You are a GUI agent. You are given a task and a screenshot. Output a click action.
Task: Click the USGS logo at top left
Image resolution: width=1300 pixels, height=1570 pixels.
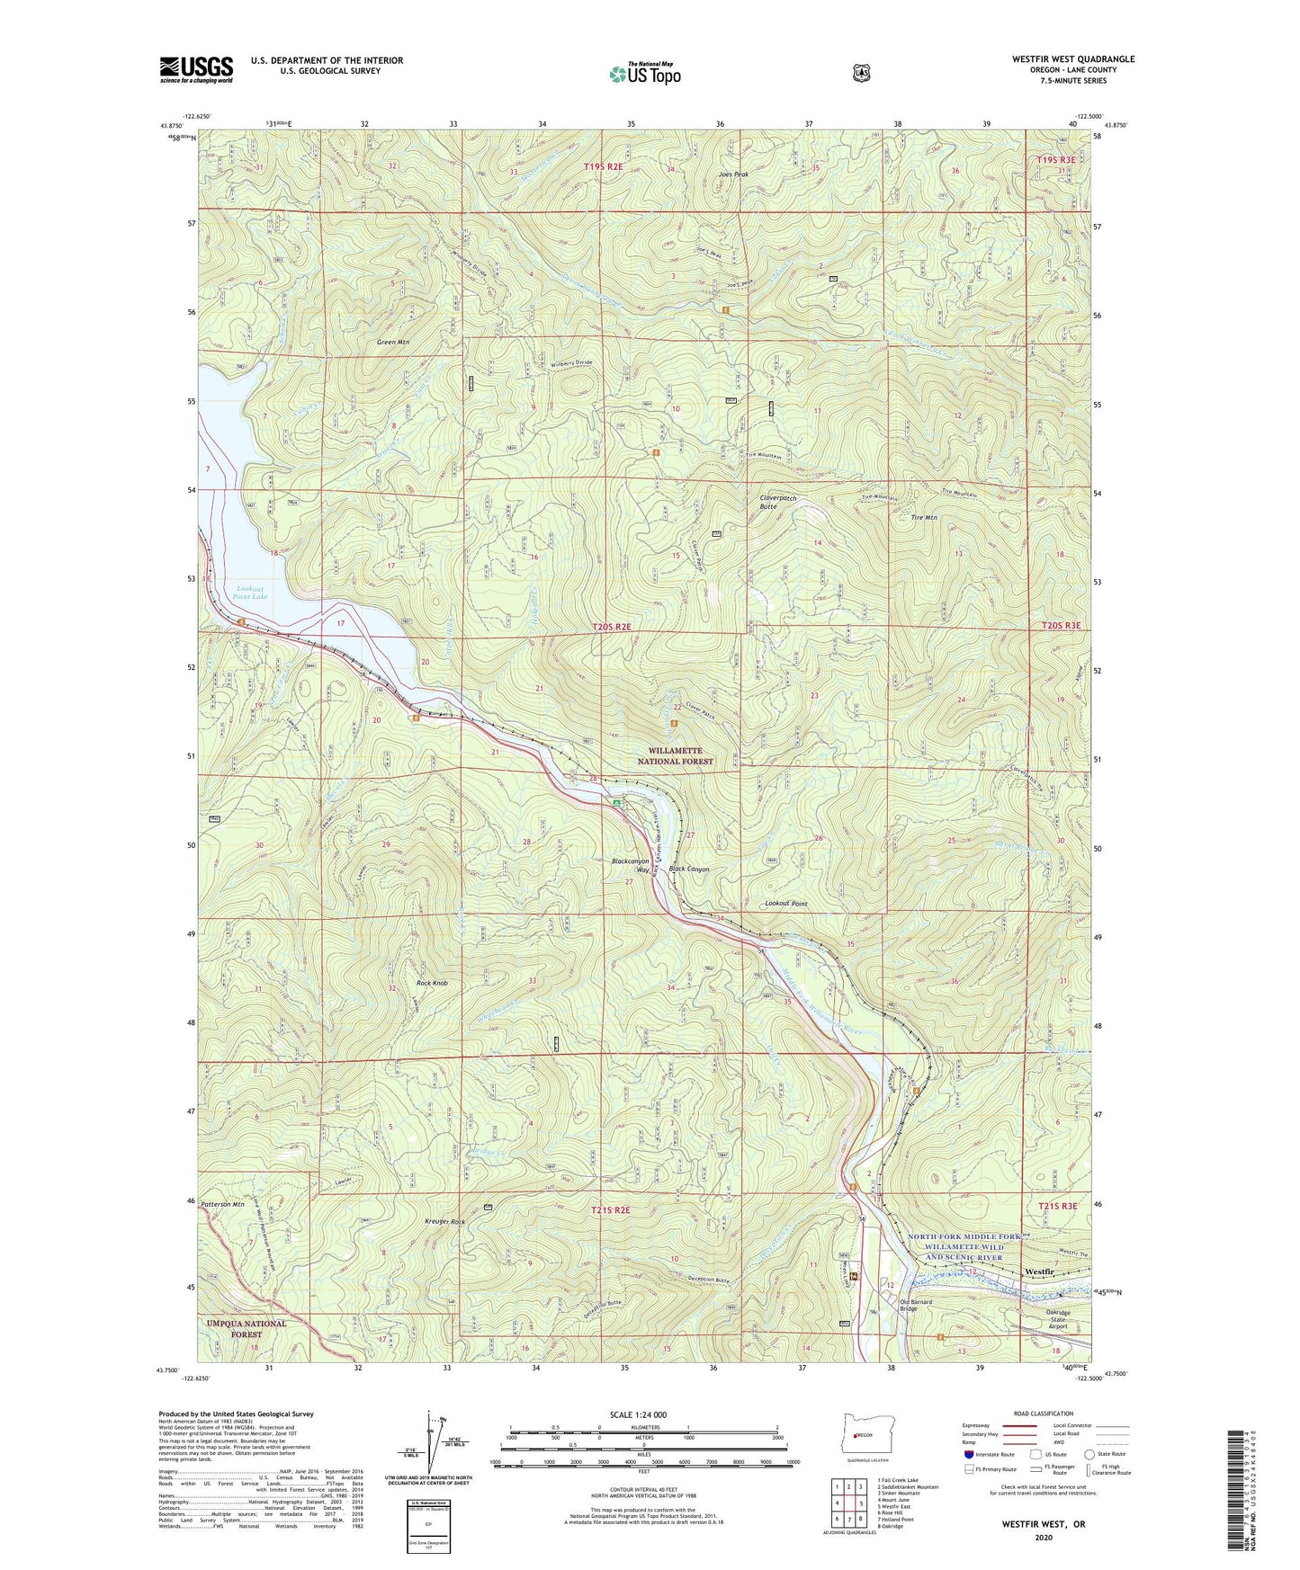[196, 68]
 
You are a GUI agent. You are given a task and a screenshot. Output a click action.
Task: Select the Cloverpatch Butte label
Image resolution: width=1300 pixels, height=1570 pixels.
[778, 502]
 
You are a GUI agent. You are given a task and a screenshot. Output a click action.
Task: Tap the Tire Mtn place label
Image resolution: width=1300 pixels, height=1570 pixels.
[924, 518]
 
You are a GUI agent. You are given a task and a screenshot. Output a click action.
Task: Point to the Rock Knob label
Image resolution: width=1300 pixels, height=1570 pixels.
[430, 983]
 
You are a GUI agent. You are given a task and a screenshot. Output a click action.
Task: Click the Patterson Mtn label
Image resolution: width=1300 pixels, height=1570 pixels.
[223, 1203]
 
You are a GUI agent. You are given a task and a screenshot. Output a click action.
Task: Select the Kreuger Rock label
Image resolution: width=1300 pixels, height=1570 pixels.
[444, 1222]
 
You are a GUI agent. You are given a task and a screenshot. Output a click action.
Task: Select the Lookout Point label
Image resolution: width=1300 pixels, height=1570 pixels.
[785, 904]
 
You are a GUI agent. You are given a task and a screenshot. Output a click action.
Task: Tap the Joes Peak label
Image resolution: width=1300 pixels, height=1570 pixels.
[733, 174]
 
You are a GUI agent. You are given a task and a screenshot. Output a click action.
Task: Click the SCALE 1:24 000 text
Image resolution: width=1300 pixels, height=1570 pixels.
[638, 1415]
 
